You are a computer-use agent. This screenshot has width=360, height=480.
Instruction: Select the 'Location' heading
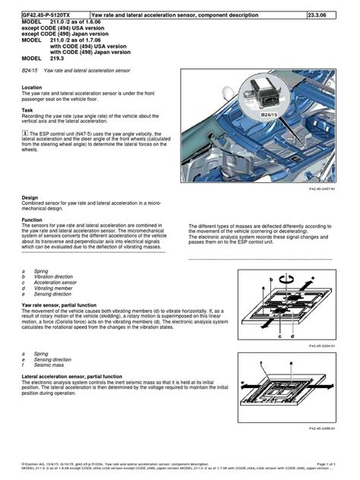tap(33, 87)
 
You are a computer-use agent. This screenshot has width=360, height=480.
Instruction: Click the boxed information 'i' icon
tap(25, 131)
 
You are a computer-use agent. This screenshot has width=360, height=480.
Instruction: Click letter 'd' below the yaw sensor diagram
tap(292, 336)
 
